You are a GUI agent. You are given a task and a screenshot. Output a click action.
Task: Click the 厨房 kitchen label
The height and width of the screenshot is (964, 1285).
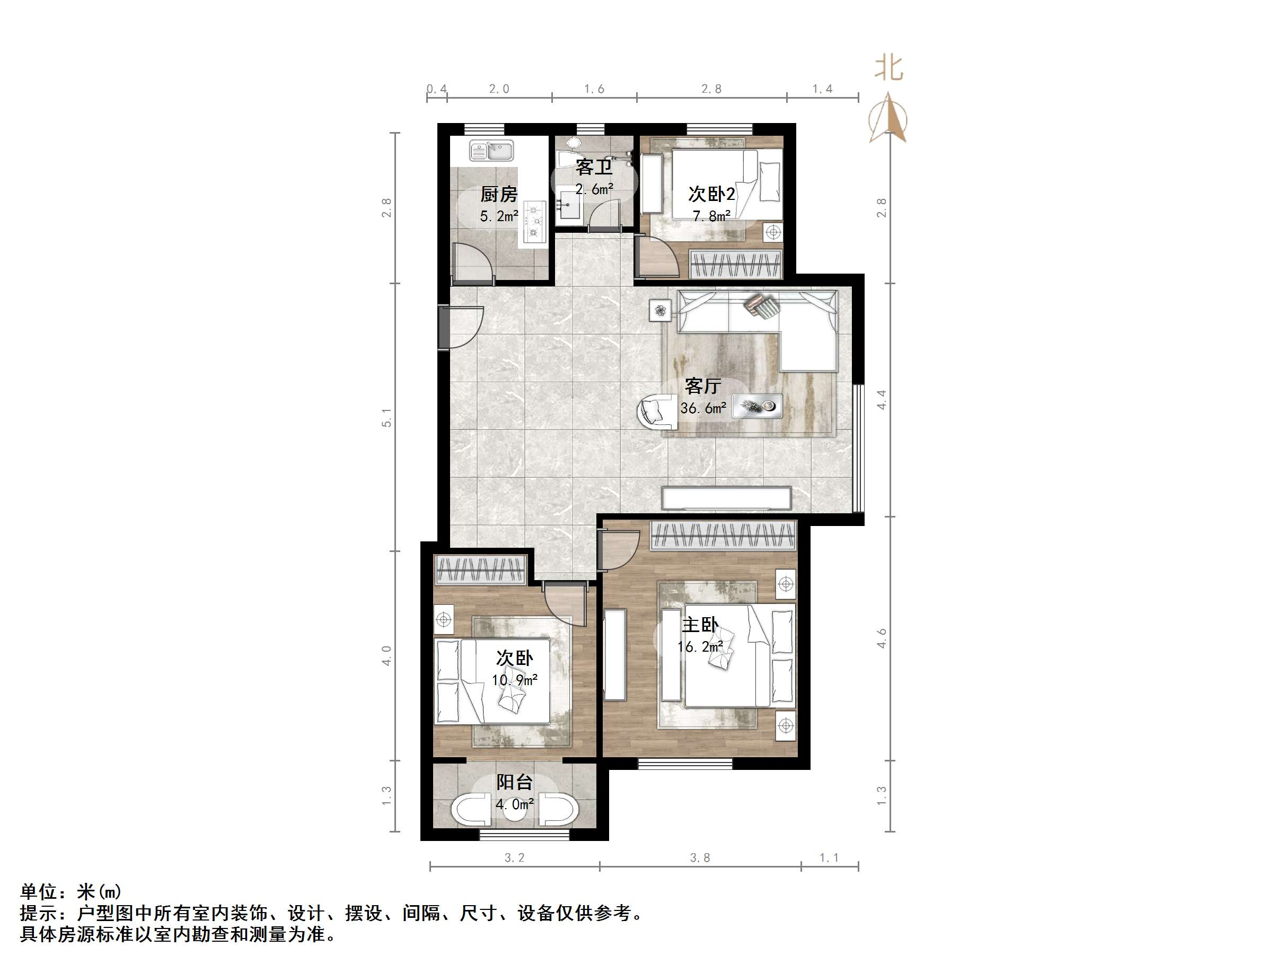pyautogui.click(x=498, y=194)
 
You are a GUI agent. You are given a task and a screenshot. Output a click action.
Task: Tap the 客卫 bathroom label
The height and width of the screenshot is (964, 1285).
pyautogui.click(x=594, y=168)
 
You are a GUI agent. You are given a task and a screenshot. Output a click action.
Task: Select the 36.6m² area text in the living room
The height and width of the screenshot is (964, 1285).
pyautogui.click(x=703, y=408)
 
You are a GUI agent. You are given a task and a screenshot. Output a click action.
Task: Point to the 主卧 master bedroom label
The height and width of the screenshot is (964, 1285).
pyautogui.click(x=700, y=625)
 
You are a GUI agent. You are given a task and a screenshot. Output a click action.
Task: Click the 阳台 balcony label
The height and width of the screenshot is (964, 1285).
pyautogui.click(x=514, y=783)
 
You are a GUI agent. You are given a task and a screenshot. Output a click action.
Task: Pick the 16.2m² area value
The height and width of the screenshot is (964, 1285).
pyautogui.click(x=700, y=647)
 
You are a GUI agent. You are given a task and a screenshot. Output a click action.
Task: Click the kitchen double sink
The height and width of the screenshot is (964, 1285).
pyautogui.click(x=491, y=151)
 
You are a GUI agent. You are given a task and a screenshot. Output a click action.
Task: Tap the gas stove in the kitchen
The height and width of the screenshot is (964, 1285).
pyautogui.click(x=534, y=222)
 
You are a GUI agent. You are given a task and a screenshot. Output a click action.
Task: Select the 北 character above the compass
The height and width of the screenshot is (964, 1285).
pyautogui.click(x=889, y=68)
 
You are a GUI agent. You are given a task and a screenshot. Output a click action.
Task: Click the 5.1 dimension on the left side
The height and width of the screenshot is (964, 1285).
pyautogui.click(x=387, y=418)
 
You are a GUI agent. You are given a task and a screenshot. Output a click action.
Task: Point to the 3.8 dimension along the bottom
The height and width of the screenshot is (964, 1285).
pyautogui.click(x=700, y=857)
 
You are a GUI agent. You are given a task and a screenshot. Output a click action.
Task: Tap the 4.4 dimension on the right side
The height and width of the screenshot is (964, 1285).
pyautogui.click(x=882, y=400)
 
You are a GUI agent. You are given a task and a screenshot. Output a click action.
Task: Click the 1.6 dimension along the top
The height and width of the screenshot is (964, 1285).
pyautogui.click(x=594, y=89)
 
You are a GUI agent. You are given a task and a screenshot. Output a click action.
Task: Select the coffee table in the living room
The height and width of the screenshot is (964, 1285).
pyautogui.click(x=756, y=406)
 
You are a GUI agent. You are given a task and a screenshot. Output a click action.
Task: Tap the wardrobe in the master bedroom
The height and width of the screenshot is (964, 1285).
pyautogui.click(x=723, y=535)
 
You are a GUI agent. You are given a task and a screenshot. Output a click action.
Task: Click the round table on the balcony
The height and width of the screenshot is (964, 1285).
pyautogui.click(x=515, y=811)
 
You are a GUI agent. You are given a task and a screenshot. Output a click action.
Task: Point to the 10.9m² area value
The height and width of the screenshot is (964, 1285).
pyautogui.click(x=515, y=680)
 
